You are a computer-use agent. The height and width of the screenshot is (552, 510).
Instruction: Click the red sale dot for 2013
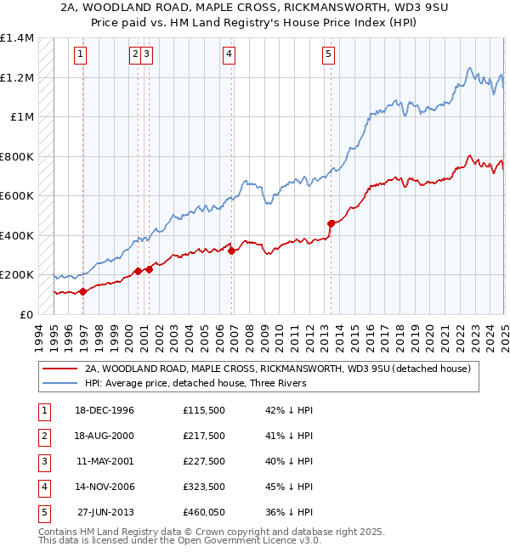point(331,223)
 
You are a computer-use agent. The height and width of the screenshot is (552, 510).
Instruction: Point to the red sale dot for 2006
point(232,250)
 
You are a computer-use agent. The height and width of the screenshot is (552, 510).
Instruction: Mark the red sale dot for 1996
point(83,291)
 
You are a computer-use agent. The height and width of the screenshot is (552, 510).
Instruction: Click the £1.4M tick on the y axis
point(17,38)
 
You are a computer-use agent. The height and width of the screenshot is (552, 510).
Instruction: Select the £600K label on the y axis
point(17,195)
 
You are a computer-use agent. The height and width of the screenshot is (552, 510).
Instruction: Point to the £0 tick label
point(25,314)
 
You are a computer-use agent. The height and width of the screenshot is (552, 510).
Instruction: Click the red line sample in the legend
point(59,369)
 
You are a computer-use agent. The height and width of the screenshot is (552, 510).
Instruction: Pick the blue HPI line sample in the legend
point(59,383)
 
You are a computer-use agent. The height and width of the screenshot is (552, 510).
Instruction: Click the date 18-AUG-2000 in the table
point(105,436)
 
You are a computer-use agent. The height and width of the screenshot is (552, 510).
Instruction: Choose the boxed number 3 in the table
point(42,461)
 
